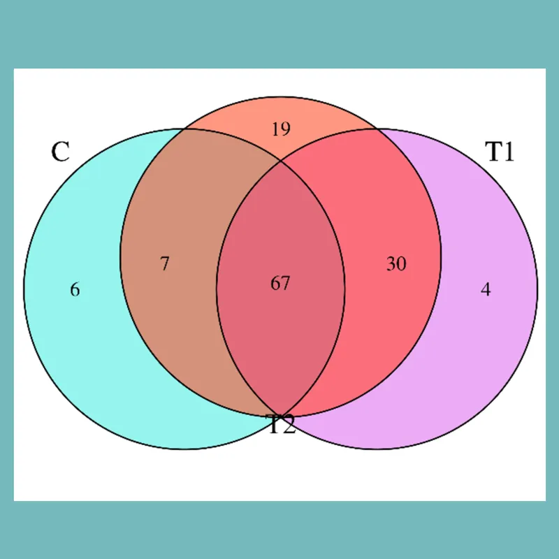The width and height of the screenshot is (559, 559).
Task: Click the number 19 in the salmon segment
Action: tap(281, 129)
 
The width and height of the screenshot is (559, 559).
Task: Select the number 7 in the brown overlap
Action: tap(165, 264)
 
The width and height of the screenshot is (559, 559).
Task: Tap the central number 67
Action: tap(280, 284)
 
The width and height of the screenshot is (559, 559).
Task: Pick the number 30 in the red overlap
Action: tap(396, 264)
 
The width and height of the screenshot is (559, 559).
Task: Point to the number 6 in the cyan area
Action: tap(75, 289)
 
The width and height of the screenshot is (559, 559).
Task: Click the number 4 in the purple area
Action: tap(486, 289)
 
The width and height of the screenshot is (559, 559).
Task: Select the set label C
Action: tap(60, 152)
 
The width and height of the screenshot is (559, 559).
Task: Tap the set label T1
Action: tap(500, 152)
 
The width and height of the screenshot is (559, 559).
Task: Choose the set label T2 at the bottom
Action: tap(282, 424)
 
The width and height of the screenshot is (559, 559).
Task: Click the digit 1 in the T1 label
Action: tap(509, 152)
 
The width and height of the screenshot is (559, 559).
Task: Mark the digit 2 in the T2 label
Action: tap(289, 424)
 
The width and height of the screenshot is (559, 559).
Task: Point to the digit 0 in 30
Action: tap(401, 264)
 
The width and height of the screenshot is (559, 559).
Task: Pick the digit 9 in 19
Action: tap(286, 129)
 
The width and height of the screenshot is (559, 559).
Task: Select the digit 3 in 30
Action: tap(391, 264)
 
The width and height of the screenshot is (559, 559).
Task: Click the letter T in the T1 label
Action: tap(493, 152)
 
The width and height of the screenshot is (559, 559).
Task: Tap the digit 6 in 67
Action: tap(275, 284)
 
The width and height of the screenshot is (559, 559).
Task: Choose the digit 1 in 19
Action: tap(275, 129)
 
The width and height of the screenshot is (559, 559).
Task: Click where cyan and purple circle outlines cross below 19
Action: tap(281, 161)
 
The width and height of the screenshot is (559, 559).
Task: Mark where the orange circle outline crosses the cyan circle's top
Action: tap(184, 129)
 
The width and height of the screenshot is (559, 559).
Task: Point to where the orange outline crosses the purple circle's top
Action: tap(377, 129)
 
